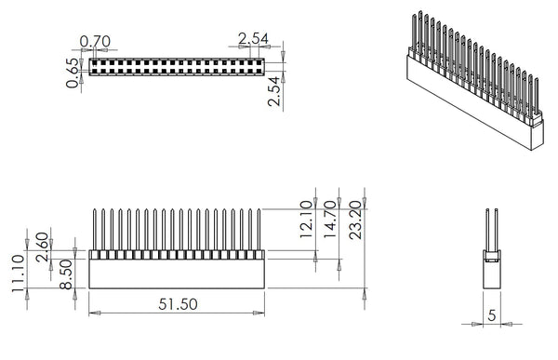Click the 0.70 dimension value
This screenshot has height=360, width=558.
click(97, 42)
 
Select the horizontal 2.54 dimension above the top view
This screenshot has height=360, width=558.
click(254, 38)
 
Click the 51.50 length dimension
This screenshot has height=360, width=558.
click(177, 303)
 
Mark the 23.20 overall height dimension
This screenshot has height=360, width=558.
click(353, 220)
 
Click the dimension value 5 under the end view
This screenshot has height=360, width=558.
click(491, 316)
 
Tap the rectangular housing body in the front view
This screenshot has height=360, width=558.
click(177, 272)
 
